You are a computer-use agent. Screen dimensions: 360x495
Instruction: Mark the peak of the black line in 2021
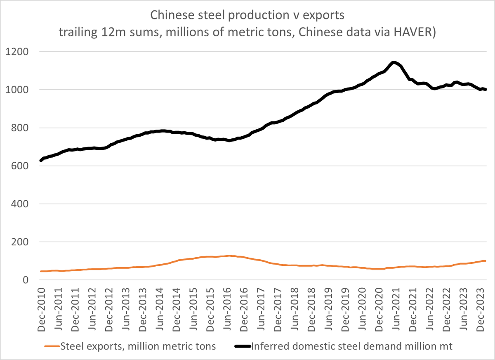[x=394, y=62]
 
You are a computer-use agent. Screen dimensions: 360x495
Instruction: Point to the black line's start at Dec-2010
[x=41, y=160]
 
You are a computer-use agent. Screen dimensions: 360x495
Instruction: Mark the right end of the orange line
[x=486, y=261]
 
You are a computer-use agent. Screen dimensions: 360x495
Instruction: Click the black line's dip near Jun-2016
[x=229, y=140]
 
